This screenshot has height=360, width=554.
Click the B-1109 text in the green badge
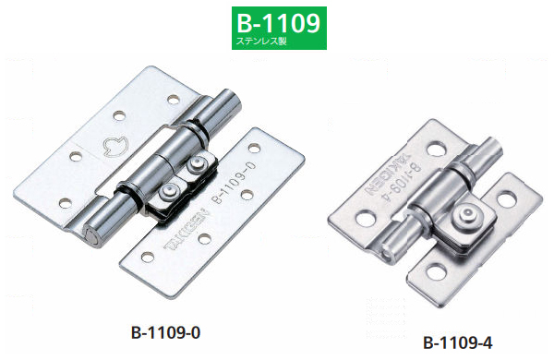click(x=276, y=21)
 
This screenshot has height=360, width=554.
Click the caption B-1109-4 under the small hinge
click(x=456, y=342)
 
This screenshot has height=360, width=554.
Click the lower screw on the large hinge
click(x=169, y=190)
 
